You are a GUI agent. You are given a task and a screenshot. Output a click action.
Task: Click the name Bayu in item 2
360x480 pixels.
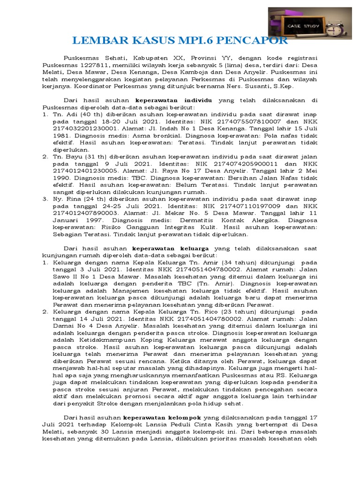click(72, 157)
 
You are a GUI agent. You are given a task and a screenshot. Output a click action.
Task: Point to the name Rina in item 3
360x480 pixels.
click(73, 199)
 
